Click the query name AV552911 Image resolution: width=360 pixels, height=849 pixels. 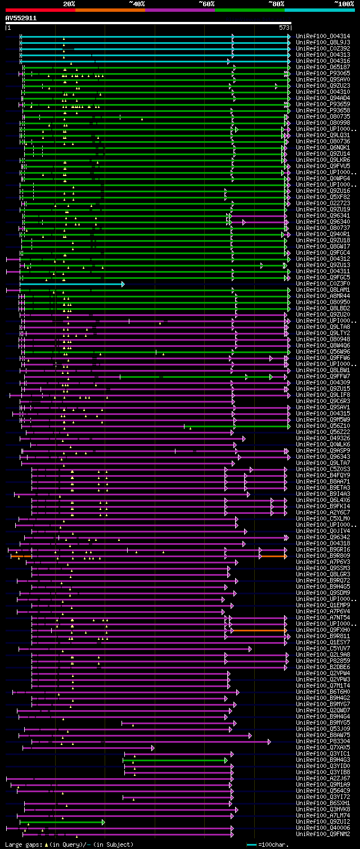(21, 18)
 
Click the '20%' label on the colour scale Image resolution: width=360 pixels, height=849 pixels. (69, 4)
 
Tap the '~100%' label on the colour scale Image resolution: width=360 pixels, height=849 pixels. (344, 4)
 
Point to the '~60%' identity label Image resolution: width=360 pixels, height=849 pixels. (206, 4)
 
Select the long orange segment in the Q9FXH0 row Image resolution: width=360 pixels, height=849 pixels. (259, 630)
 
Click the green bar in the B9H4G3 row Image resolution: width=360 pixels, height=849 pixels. (174, 760)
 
